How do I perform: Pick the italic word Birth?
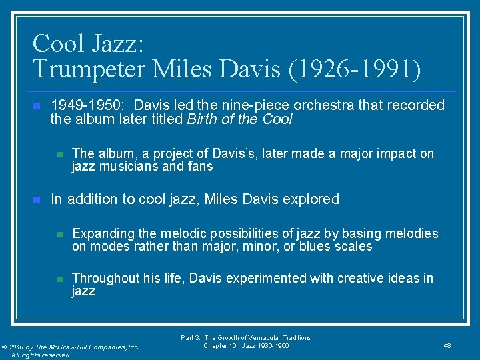point(204,120)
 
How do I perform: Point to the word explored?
point(311,199)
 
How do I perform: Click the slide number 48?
point(447,345)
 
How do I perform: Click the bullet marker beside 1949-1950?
point(37,105)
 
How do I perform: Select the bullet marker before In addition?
point(37,199)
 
